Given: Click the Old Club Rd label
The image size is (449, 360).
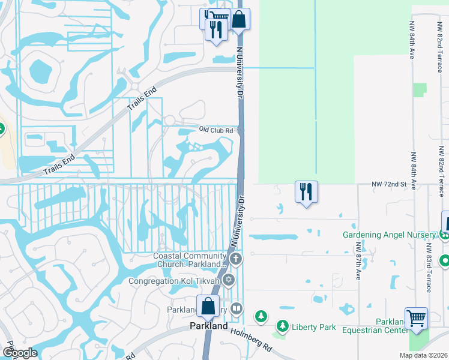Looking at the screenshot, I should [x=216, y=129].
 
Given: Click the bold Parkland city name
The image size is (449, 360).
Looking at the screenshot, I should [x=209, y=326].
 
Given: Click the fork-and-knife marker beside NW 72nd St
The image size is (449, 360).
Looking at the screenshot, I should [x=306, y=192].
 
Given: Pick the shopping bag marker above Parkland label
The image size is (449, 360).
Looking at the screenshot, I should [x=208, y=306].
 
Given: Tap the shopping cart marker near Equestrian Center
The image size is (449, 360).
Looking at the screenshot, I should [x=416, y=319].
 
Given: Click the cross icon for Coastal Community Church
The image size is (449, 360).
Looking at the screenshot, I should [x=236, y=259].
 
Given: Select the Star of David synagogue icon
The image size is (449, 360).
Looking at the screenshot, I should [x=228, y=280].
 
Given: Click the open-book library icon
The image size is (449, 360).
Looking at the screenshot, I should [x=237, y=310].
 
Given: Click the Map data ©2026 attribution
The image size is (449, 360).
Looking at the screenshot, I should [x=424, y=355].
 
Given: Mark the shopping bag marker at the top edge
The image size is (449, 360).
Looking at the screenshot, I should [x=239, y=19].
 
